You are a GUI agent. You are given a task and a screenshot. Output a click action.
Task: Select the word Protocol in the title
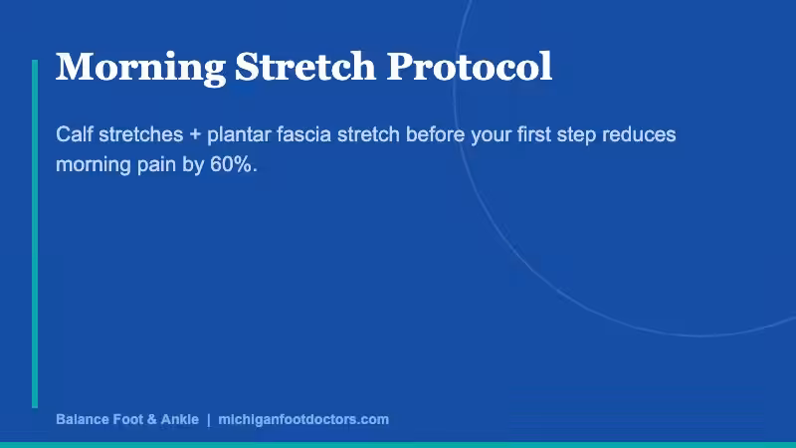click(469, 67)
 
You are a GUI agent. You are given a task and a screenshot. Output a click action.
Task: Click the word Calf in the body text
click(74, 134)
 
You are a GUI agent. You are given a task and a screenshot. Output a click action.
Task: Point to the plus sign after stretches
click(194, 134)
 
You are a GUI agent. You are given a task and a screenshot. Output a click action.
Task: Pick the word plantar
click(237, 134)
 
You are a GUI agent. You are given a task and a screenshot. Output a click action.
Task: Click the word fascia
click(304, 134)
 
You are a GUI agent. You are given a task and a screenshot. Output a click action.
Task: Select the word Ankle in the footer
click(179, 419)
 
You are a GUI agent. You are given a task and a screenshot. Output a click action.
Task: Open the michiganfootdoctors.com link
click(302, 419)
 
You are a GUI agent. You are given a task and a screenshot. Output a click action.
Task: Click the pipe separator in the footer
click(208, 419)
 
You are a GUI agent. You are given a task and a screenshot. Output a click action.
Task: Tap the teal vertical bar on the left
click(35, 234)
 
